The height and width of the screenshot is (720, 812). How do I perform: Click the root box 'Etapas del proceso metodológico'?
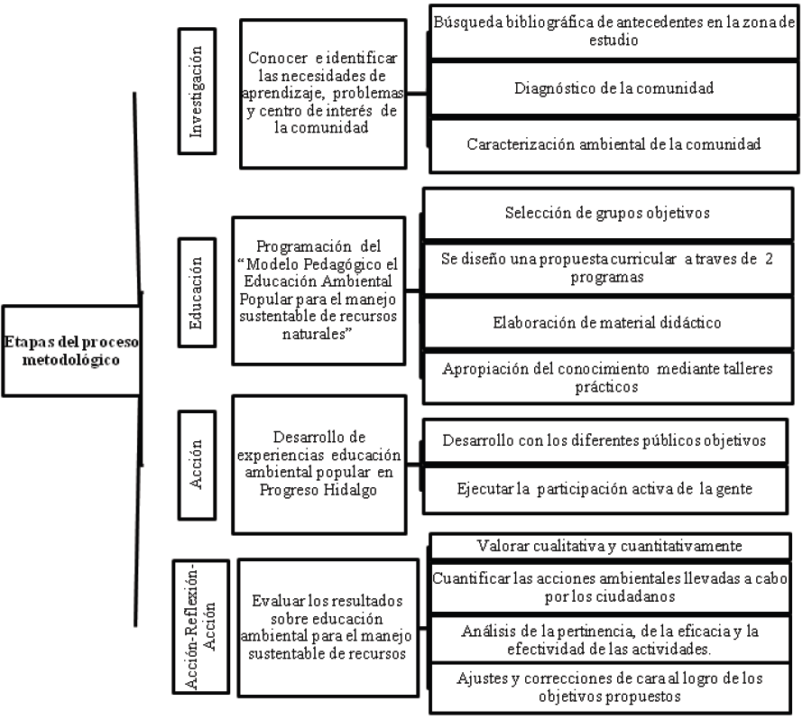71,349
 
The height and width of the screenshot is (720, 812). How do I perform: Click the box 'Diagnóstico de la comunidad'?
614,88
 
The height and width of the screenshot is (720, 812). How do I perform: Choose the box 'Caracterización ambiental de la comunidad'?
614,143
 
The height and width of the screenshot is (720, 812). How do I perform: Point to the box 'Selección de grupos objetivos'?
608,214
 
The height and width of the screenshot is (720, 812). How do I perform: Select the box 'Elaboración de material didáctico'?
608,322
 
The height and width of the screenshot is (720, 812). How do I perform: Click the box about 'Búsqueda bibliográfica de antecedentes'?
614,32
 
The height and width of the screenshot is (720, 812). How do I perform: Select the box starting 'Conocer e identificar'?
322,94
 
